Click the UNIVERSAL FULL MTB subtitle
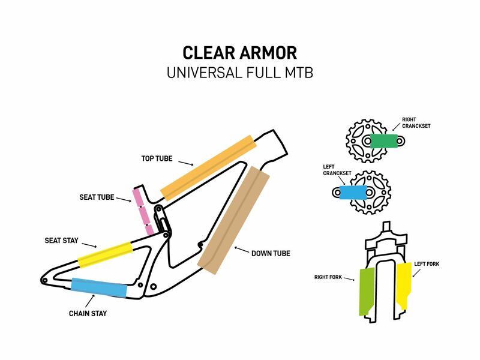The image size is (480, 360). click(x=239, y=73)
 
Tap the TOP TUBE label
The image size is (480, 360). click(x=157, y=159)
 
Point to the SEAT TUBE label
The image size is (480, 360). click(x=97, y=197)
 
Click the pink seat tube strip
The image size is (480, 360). click(x=143, y=211)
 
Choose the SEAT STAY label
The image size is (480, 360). click(x=62, y=241)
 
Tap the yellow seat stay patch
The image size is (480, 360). click(x=105, y=254)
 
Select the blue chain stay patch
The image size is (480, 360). click(x=99, y=287)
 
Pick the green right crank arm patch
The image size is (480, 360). click(x=385, y=141)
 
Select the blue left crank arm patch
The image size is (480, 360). click(x=353, y=192)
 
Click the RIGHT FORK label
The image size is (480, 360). click(x=328, y=277)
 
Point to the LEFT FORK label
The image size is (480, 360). click(x=427, y=264)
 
